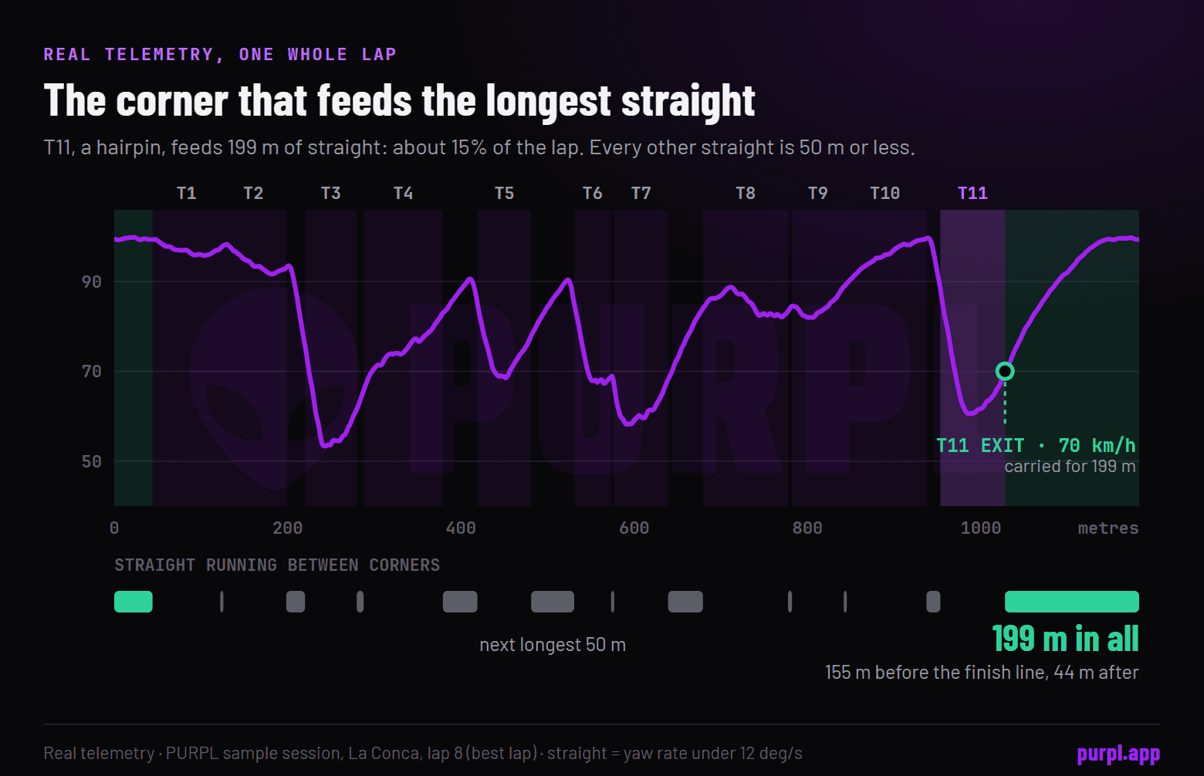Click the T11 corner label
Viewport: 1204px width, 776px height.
972,193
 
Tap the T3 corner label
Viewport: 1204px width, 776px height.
330,193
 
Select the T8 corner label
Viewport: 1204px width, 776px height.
746,193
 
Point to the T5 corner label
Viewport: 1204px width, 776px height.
504,193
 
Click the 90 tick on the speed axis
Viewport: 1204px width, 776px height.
91,282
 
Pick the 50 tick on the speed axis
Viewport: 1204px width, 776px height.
91,461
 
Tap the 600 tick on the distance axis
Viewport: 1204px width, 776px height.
634,528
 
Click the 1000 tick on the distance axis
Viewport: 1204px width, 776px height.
980,528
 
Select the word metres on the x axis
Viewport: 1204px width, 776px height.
1108,528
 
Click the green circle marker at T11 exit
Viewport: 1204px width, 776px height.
1005,371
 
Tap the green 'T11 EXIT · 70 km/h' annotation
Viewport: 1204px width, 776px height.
1036,445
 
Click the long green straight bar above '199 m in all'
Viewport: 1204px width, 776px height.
1072,602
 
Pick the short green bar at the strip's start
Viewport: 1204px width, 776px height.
134,602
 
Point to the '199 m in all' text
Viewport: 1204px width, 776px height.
1065,639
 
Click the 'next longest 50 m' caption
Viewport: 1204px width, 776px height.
553,644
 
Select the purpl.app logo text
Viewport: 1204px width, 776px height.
1118,754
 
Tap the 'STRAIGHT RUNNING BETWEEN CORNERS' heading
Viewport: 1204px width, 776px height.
277,565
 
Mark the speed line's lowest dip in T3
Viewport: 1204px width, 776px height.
325,444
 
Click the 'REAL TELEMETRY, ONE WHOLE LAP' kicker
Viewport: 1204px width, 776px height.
220,54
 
